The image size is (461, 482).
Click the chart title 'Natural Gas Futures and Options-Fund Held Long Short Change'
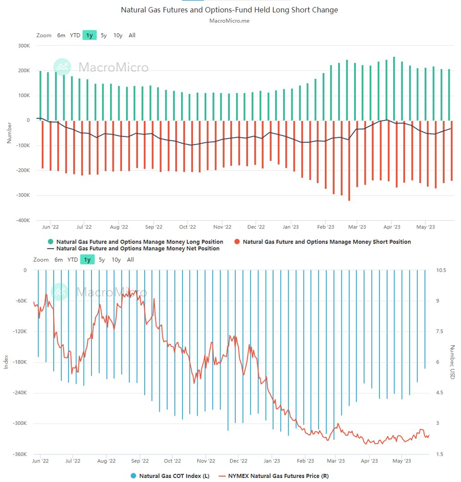tap(229, 10)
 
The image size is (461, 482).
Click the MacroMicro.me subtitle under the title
tap(229, 20)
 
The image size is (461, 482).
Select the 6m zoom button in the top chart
tap(61, 35)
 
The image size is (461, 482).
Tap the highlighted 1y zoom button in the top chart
tap(89, 35)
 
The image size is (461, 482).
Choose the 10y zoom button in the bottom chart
tap(116, 260)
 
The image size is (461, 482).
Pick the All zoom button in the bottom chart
tap(131, 260)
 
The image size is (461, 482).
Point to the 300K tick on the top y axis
tap(23, 46)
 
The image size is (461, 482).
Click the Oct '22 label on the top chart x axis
tap(187, 227)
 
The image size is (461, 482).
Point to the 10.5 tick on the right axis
tap(441, 270)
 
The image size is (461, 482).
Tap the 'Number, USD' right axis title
tap(452, 363)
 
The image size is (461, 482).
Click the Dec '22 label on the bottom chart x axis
tap(238, 461)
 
